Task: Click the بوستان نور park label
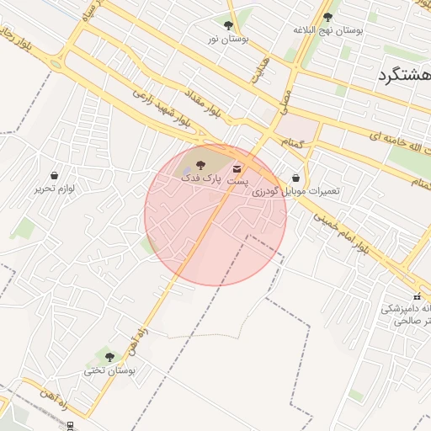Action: point(230,39)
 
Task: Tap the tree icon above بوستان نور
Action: point(229,26)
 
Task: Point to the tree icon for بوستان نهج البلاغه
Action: point(327,17)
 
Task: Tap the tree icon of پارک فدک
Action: point(200,165)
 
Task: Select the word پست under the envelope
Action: point(239,182)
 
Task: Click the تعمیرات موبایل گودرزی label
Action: point(296,191)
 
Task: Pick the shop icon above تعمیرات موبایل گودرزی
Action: point(296,178)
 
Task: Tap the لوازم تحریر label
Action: point(55,189)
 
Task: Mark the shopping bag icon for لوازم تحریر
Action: point(55,176)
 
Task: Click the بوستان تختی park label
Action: point(109,370)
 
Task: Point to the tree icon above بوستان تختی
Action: point(109,357)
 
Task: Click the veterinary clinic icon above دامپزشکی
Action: point(417,296)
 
